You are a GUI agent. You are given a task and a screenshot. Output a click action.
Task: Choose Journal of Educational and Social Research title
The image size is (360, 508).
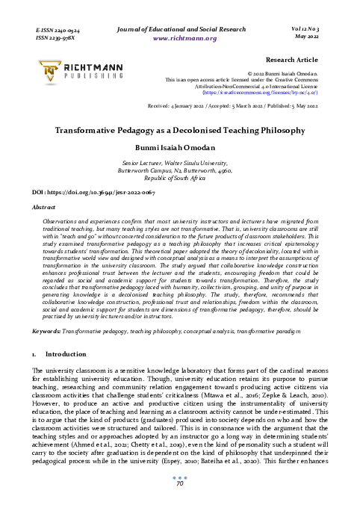tap(179, 28)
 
